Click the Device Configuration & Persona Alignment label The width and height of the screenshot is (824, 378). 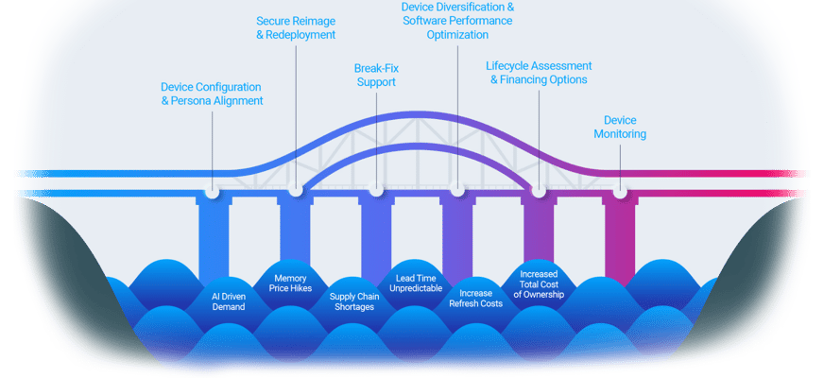tap(212, 94)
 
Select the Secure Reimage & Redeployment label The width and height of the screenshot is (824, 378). tap(296, 27)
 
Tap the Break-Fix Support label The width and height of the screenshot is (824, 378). tap(374, 76)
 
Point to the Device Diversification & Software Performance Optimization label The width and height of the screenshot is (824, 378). tap(457, 21)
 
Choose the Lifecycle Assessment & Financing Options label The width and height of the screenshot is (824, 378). tap(539, 73)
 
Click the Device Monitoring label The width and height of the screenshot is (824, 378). tap(620, 128)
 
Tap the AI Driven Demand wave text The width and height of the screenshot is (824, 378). tap(228, 301)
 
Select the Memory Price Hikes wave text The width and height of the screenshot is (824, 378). tap(289, 283)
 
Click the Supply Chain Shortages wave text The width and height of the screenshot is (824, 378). tap(354, 301)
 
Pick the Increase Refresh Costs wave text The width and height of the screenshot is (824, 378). tap(476, 299)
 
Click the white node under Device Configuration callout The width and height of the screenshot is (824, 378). tap(214, 190)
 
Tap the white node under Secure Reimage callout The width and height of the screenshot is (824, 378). tap(296, 190)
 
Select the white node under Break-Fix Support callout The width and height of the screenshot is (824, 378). tap(376, 190)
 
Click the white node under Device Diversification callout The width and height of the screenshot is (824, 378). tap(457, 190)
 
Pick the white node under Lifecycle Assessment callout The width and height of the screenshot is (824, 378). tap(539, 190)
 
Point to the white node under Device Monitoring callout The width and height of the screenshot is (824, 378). tap(620, 190)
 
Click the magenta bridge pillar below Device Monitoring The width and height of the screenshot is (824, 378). tap(620, 236)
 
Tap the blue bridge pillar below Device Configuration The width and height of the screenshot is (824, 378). tap(214, 236)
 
